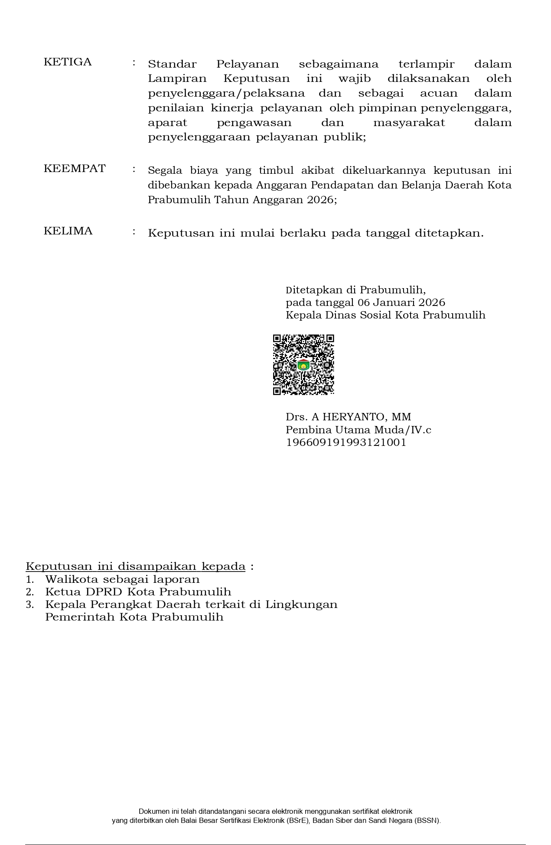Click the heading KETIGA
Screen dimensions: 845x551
pos(68,62)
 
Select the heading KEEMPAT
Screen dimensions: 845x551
pos(75,169)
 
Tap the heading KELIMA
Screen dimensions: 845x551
pos(68,231)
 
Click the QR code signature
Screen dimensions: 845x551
pos(303,364)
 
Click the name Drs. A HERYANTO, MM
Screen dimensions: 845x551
pos(348,417)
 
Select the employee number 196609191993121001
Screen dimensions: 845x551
pos(346,442)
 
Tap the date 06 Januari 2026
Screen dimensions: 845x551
pos(401,302)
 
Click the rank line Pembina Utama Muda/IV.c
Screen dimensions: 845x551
pos(358,430)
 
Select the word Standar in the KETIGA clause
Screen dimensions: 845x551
pos(172,64)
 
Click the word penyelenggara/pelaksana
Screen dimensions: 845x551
pos(226,94)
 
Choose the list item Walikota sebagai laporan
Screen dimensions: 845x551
pos(122,579)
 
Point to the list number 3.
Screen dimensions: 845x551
pos(29,604)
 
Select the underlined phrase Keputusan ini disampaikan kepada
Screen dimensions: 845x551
pos(136,566)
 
